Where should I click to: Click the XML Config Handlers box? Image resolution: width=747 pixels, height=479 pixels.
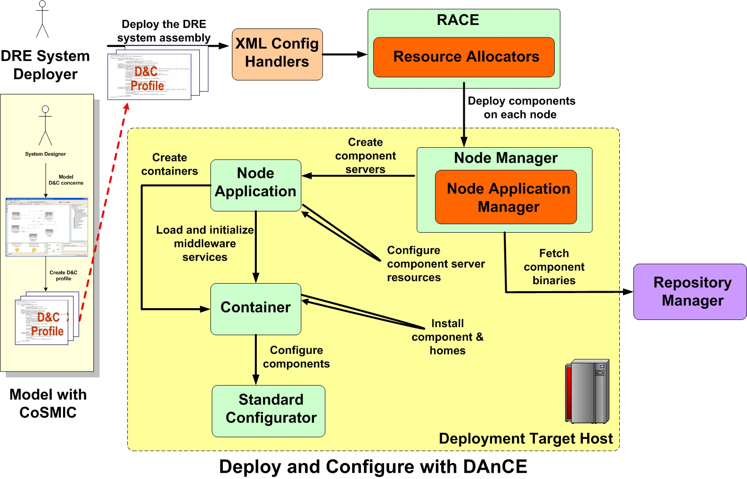277,54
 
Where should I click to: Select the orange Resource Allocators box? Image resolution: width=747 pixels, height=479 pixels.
464,57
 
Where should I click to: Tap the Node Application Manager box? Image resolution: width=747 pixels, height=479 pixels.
506,197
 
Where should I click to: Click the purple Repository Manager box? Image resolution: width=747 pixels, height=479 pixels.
690,292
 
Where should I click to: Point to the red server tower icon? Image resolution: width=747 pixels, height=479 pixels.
587,391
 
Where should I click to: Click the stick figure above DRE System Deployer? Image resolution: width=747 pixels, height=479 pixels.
42,19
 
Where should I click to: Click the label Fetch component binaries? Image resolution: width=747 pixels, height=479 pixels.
554,267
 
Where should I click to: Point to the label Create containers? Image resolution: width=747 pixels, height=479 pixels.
170,164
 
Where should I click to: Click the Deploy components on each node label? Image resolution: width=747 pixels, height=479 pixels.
521,108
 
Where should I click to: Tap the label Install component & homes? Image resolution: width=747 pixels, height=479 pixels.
447,337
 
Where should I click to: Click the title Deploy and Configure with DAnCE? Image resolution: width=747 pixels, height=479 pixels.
373,467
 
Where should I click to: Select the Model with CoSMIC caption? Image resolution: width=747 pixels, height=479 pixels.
48,403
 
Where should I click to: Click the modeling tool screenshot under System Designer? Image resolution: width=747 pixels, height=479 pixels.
47,227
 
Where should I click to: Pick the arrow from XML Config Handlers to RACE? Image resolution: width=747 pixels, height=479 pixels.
345,54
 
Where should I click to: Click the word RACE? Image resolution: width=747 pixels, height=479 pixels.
458,20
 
